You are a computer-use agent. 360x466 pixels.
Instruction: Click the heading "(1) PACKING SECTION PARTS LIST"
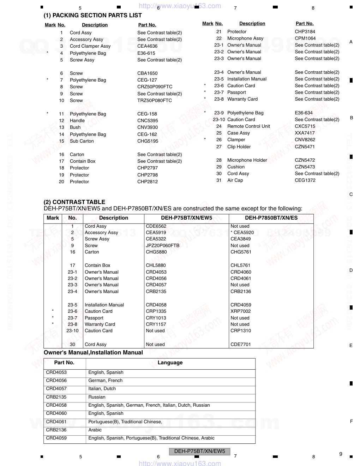click(92, 16)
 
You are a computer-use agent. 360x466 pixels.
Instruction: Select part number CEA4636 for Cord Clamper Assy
click(147, 46)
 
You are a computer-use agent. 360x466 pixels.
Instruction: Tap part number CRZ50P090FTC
click(155, 87)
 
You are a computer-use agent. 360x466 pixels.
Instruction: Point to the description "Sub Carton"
click(82, 141)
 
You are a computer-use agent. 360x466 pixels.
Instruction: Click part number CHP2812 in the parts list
click(147, 182)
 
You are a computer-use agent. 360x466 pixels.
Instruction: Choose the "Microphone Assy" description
click(245, 38)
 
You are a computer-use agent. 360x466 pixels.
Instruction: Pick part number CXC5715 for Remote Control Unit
click(305, 126)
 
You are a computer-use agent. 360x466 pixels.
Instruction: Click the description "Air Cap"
click(235, 180)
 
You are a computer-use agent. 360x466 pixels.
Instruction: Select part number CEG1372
click(305, 180)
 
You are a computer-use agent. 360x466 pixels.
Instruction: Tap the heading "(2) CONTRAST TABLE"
click(74, 202)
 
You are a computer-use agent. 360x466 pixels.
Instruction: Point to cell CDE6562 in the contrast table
click(156, 226)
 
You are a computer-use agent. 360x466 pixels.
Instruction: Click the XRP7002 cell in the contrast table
click(240, 311)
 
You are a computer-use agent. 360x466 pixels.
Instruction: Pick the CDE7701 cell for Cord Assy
click(240, 345)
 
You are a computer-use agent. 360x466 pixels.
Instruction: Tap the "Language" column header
click(170, 363)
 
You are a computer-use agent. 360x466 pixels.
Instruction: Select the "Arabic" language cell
click(95, 430)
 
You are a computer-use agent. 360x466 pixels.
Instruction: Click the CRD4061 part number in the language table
click(56, 422)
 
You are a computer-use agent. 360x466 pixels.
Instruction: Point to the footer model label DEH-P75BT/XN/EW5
click(199, 451)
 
